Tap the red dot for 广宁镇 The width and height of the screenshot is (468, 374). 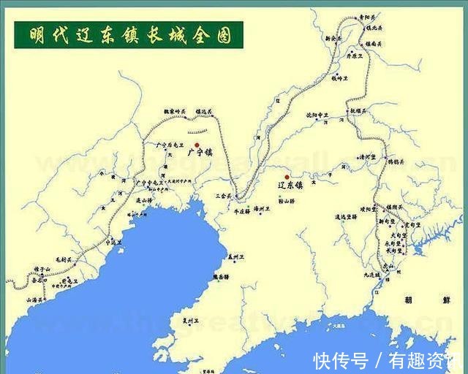click(x=197, y=145)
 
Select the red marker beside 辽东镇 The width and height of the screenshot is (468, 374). click(x=287, y=177)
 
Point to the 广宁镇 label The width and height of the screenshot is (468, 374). click(x=199, y=153)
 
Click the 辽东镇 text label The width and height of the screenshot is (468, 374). click(x=290, y=186)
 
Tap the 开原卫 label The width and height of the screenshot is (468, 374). click(x=355, y=55)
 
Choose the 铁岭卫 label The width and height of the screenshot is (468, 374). click(x=342, y=77)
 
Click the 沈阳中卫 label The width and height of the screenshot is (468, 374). click(x=317, y=115)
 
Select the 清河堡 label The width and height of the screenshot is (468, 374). click(x=366, y=156)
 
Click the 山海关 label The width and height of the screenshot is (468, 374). click(x=36, y=299)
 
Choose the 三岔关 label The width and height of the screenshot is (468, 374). click(x=223, y=196)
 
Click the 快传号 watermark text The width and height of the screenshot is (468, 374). click(x=340, y=359)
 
